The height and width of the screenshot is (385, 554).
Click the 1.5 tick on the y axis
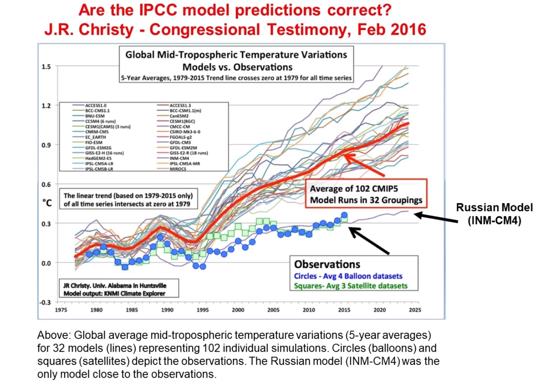(x=46, y=66)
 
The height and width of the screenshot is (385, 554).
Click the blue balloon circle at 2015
(x=344, y=216)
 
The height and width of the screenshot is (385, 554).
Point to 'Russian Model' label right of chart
(x=494, y=208)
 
